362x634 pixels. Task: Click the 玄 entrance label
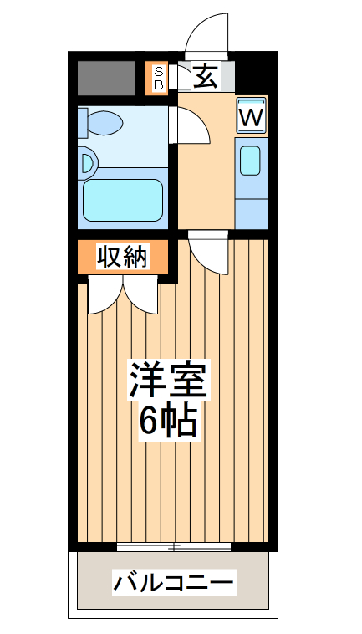click(x=206, y=78)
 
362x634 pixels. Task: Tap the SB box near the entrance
click(x=157, y=78)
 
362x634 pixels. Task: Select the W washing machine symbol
click(x=251, y=116)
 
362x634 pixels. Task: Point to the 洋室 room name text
click(x=167, y=381)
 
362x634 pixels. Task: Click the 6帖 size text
click(x=167, y=421)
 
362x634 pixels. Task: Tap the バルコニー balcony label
click(x=174, y=581)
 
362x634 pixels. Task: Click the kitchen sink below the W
click(x=251, y=160)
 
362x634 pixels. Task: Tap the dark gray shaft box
click(x=106, y=78)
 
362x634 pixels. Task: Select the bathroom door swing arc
click(x=189, y=124)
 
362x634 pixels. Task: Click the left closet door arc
click(x=105, y=299)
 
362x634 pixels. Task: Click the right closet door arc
click(x=141, y=299)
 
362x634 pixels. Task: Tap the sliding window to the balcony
click(x=174, y=547)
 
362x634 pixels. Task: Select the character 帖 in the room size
click(x=181, y=421)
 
